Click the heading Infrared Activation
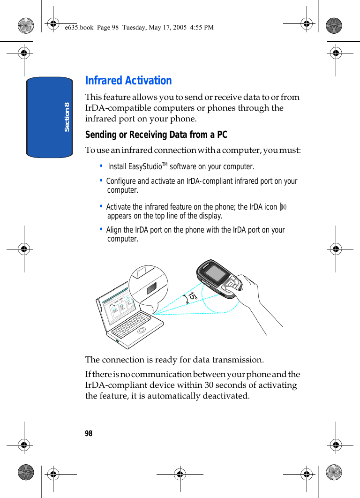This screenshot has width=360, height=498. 128,81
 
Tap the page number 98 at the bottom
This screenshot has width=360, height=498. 89,433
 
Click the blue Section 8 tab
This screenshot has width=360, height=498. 50,117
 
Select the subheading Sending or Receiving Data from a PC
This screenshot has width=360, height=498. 156,135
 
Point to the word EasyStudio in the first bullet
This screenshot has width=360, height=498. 145,167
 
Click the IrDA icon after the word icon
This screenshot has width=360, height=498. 282,207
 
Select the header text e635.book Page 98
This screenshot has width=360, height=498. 91,27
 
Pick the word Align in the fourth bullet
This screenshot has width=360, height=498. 113,230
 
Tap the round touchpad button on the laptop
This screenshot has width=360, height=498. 142,330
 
